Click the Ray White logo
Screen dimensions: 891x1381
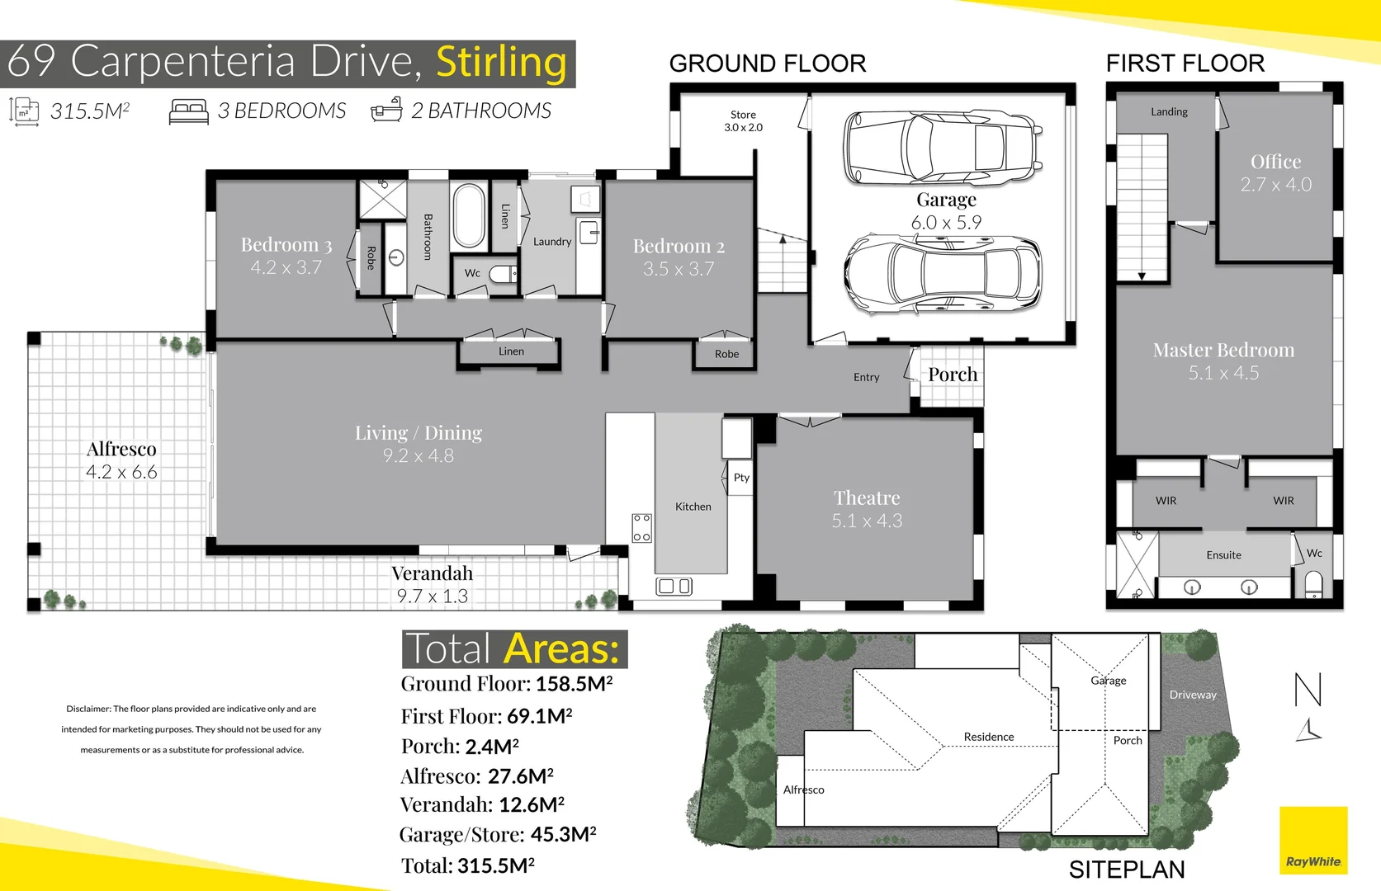[x=1313, y=841]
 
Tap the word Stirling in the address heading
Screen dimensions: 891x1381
[x=501, y=63]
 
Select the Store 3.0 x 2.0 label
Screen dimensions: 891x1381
[x=743, y=121]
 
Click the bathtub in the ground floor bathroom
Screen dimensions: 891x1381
[x=469, y=216]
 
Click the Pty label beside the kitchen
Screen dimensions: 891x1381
[x=741, y=478]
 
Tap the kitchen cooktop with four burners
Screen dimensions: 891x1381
[x=641, y=527]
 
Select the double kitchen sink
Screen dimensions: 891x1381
[x=674, y=587]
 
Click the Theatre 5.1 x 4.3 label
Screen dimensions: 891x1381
[x=867, y=509]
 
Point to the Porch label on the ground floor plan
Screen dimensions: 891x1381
[x=952, y=375]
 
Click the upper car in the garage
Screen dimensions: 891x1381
[x=943, y=148]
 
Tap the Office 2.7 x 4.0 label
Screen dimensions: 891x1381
[x=1275, y=173]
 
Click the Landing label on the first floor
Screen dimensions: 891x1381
[x=1169, y=112]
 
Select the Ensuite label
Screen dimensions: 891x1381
[x=1223, y=555]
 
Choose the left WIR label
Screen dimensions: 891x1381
[x=1166, y=501]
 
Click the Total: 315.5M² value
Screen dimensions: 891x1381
[x=468, y=865]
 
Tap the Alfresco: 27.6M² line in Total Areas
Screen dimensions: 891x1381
[x=476, y=776]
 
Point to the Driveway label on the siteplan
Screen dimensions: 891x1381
[x=1193, y=695]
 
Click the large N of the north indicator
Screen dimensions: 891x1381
[x=1308, y=690]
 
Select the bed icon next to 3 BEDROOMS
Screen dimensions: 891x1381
[x=188, y=111]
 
